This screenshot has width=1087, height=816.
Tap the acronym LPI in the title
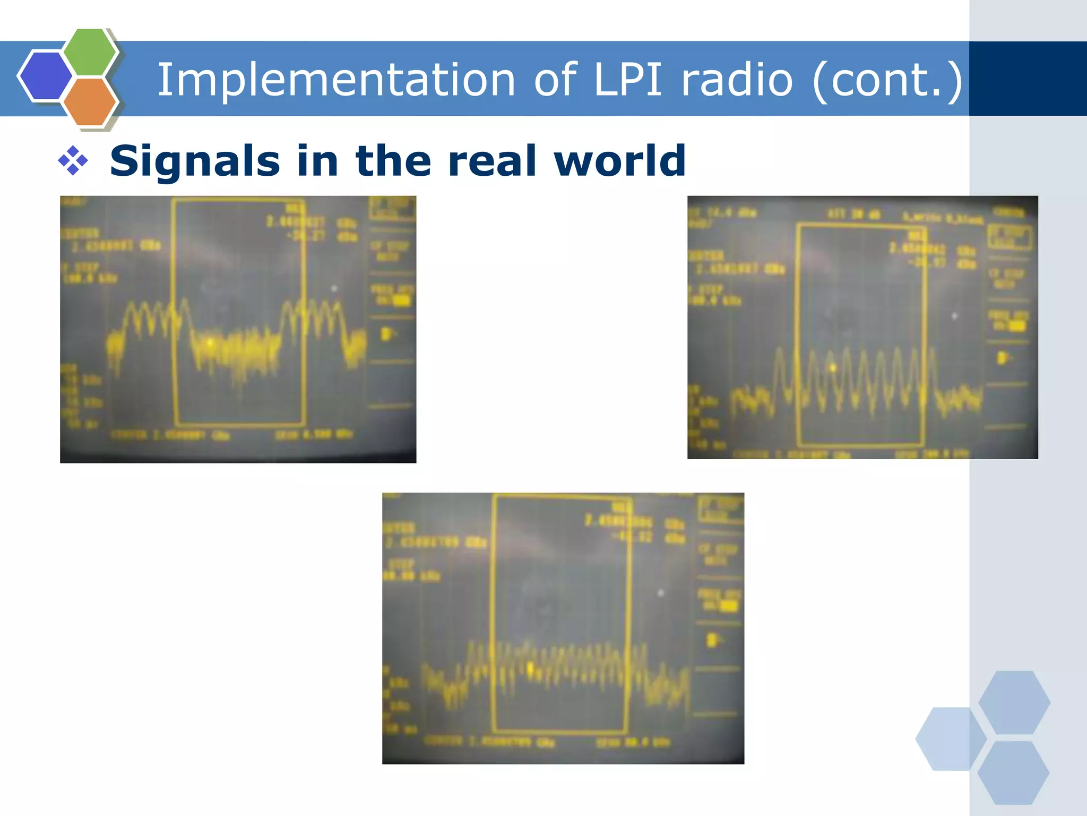pyautogui.click(x=628, y=80)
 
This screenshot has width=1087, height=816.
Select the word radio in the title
pyautogui.click(x=737, y=80)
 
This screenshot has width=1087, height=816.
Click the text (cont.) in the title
pyautogui.click(x=887, y=80)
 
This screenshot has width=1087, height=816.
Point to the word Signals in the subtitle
pyautogui.click(x=194, y=161)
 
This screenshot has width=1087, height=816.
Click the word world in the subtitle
pyautogui.click(x=619, y=161)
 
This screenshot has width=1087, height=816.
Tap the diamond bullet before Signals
pyautogui.click(x=73, y=160)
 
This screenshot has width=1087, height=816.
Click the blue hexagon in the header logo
pyautogui.click(x=46, y=75)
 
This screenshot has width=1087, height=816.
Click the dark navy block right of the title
pyautogui.click(x=1028, y=79)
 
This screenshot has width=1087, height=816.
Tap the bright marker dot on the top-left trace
pyautogui.click(x=211, y=343)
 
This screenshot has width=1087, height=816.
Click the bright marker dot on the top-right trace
pyautogui.click(x=833, y=367)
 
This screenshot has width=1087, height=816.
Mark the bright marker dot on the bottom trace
pyautogui.click(x=530, y=668)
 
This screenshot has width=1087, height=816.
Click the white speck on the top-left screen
pyautogui.click(x=334, y=288)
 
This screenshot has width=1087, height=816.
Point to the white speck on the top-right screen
pyautogui.click(x=954, y=316)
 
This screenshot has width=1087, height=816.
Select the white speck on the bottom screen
pyautogui.click(x=661, y=592)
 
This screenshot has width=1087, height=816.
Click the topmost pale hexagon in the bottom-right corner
pyautogui.click(x=1014, y=702)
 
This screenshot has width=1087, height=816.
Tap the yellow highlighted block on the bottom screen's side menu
pyautogui.click(x=729, y=606)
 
